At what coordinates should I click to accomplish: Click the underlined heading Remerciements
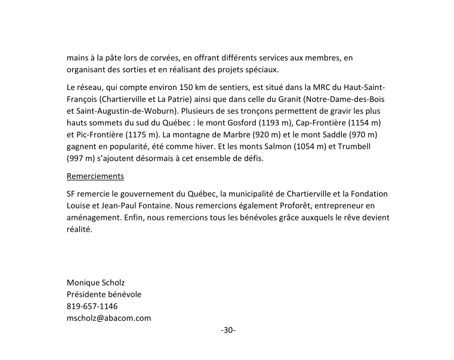tap(95, 176)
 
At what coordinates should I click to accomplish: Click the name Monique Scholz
tap(95, 283)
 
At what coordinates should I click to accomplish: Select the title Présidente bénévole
tap(104, 294)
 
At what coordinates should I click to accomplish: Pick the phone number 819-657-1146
tap(92, 306)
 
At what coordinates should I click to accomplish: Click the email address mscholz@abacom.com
tap(109, 318)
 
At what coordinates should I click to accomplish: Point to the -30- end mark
tap(228, 330)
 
